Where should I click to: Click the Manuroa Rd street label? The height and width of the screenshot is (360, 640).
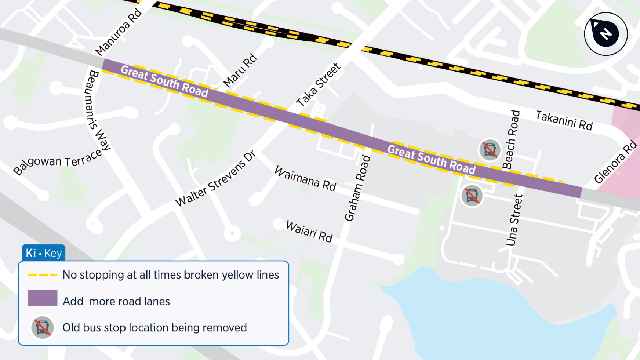tap(119, 32)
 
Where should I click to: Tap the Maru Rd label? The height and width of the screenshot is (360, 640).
tap(240, 70)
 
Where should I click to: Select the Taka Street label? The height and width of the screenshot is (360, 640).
tap(319, 85)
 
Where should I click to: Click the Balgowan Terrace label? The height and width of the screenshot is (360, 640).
tap(58, 161)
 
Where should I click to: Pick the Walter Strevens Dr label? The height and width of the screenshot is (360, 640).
tap(215, 179)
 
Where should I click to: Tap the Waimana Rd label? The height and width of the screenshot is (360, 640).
tap(305, 178)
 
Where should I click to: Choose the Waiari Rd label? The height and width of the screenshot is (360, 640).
tap(309, 231)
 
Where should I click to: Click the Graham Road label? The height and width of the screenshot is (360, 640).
tap(357, 188)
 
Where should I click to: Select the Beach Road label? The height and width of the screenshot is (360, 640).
tap(512, 139)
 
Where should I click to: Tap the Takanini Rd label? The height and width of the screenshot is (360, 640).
tap(564, 120)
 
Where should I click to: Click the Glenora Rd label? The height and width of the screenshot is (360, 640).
tap(615, 162)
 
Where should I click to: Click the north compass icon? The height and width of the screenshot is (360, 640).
tap(606, 34)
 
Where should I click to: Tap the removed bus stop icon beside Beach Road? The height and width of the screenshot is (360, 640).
tap(490, 150)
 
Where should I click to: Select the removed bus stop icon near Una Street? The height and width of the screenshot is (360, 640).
tap(472, 196)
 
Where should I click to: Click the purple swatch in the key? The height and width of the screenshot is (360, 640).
tap(43, 298)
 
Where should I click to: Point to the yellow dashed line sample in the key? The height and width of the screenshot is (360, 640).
tap(43, 275)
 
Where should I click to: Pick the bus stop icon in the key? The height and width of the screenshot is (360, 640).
tap(43, 327)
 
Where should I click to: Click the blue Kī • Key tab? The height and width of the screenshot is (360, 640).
tap(44, 253)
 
